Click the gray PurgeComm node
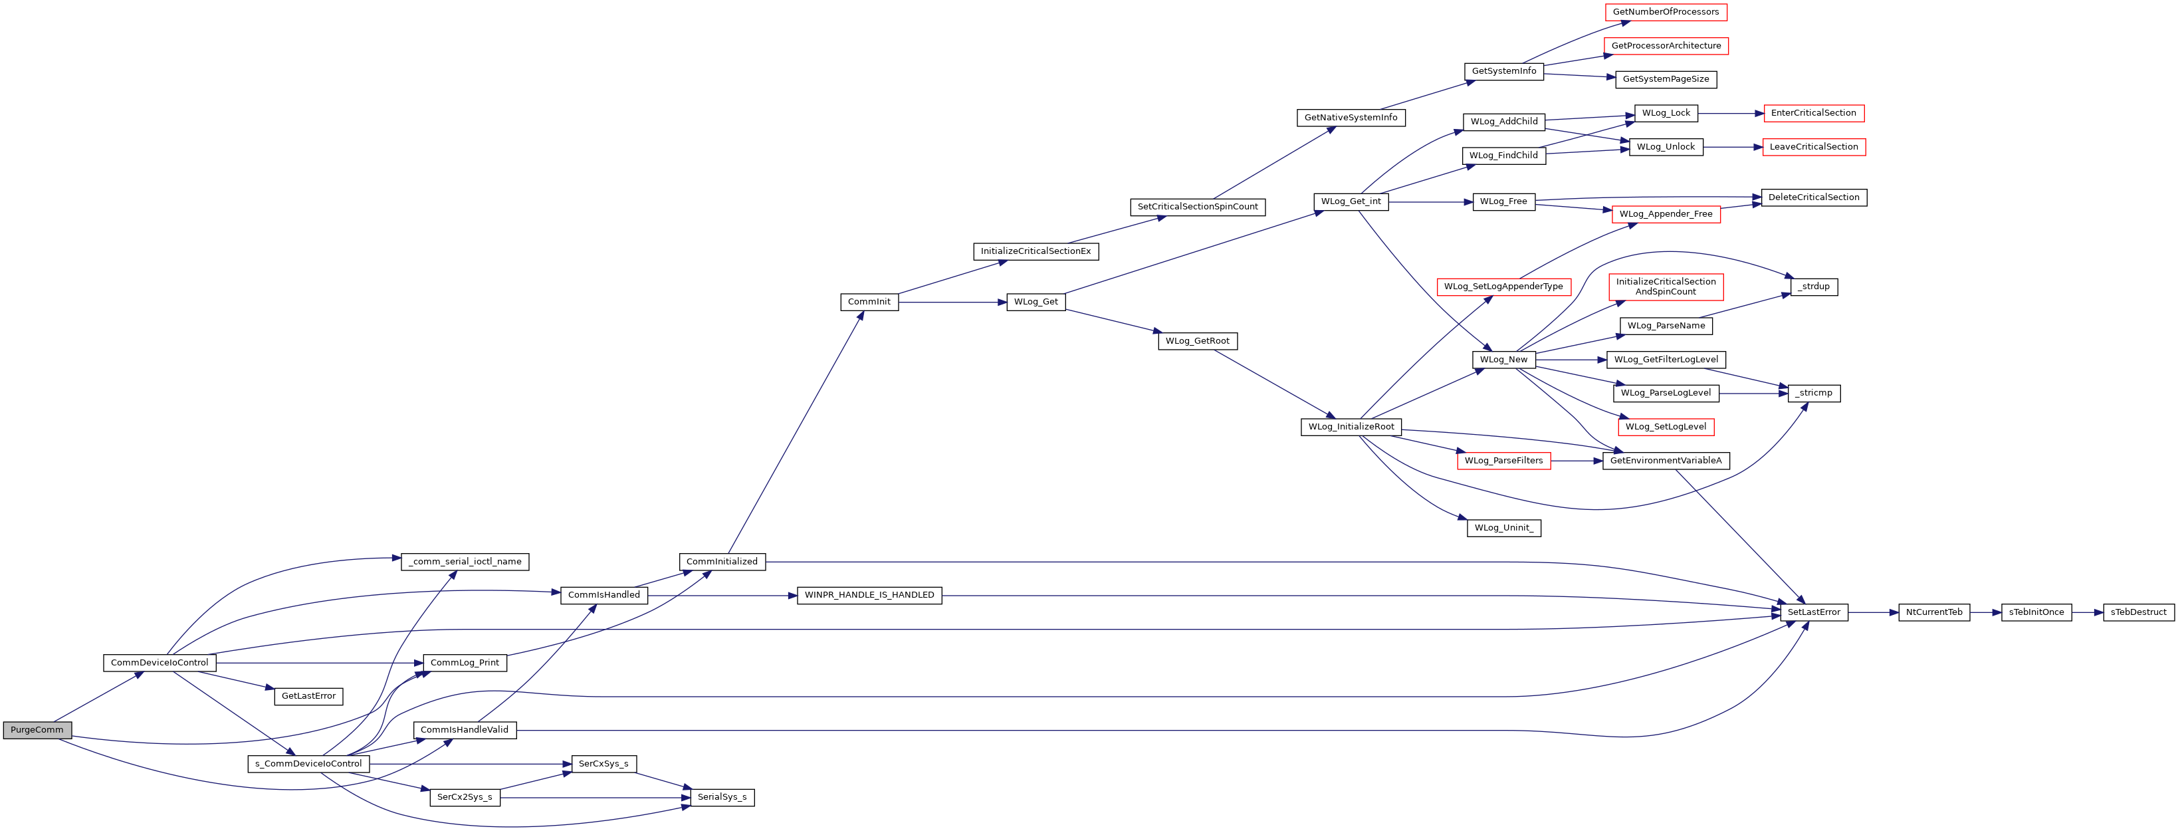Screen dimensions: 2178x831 pos(37,729)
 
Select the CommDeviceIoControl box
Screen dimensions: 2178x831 pos(159,663)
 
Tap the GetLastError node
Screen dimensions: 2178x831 pos(308,697)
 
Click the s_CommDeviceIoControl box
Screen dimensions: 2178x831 pos(308,763)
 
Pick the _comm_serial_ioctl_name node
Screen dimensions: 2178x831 pos(465,561)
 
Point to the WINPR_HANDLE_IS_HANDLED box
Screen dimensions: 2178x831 pos(869,595)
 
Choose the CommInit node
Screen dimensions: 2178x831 pos(869,302)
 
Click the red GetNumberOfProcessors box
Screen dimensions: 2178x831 pos(1666,12)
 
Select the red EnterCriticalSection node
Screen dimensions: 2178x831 pos(1814,113)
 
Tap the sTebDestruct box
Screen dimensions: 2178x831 pos(2138,612)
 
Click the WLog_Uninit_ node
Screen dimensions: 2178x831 pos(1504,527)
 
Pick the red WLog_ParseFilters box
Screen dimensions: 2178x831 pos(1503,461)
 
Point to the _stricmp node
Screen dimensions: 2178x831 pos(1814,393)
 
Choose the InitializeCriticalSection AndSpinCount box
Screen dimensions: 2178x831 pos(1666,287)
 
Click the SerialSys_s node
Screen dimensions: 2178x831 pos(722,797)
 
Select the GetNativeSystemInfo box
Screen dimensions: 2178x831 pos(1351,118)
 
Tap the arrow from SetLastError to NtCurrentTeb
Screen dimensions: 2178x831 pos(1873,612)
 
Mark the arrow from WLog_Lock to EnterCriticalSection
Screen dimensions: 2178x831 pos(1731,113)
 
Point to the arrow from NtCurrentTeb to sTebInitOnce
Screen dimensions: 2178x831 pos(1985,612)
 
